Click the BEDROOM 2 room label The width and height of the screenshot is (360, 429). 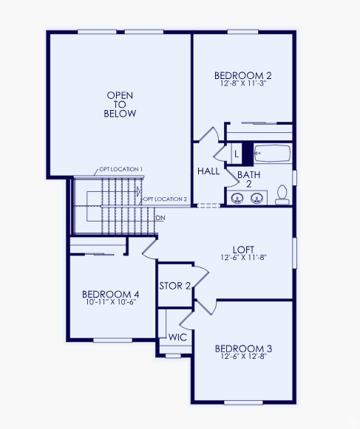pos(243,75)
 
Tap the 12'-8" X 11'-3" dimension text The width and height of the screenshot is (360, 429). pos(243,84)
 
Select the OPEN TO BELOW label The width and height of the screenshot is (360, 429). pos(121,105)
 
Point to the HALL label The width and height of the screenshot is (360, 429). pos(208,171)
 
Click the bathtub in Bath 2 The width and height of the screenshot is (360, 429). pos(271,155)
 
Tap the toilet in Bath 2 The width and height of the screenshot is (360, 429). pos(282,194)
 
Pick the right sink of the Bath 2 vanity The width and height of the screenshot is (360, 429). pos(257,198)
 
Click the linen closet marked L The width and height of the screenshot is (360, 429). pos(236,154)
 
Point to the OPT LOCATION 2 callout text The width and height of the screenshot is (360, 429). pos(165,199)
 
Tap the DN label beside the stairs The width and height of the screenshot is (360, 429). pos(160,218)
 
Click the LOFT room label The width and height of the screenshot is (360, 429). pos(243,250)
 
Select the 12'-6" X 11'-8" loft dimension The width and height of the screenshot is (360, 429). pos(243,258)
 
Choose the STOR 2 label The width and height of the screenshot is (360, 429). pos(175,285)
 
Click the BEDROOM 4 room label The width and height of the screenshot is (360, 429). pos(110,295)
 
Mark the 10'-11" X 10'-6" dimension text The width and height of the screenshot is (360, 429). pos(110,303)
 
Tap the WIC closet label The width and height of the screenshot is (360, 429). pos(177,337)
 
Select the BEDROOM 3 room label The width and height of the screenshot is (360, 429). pos(243,349)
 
